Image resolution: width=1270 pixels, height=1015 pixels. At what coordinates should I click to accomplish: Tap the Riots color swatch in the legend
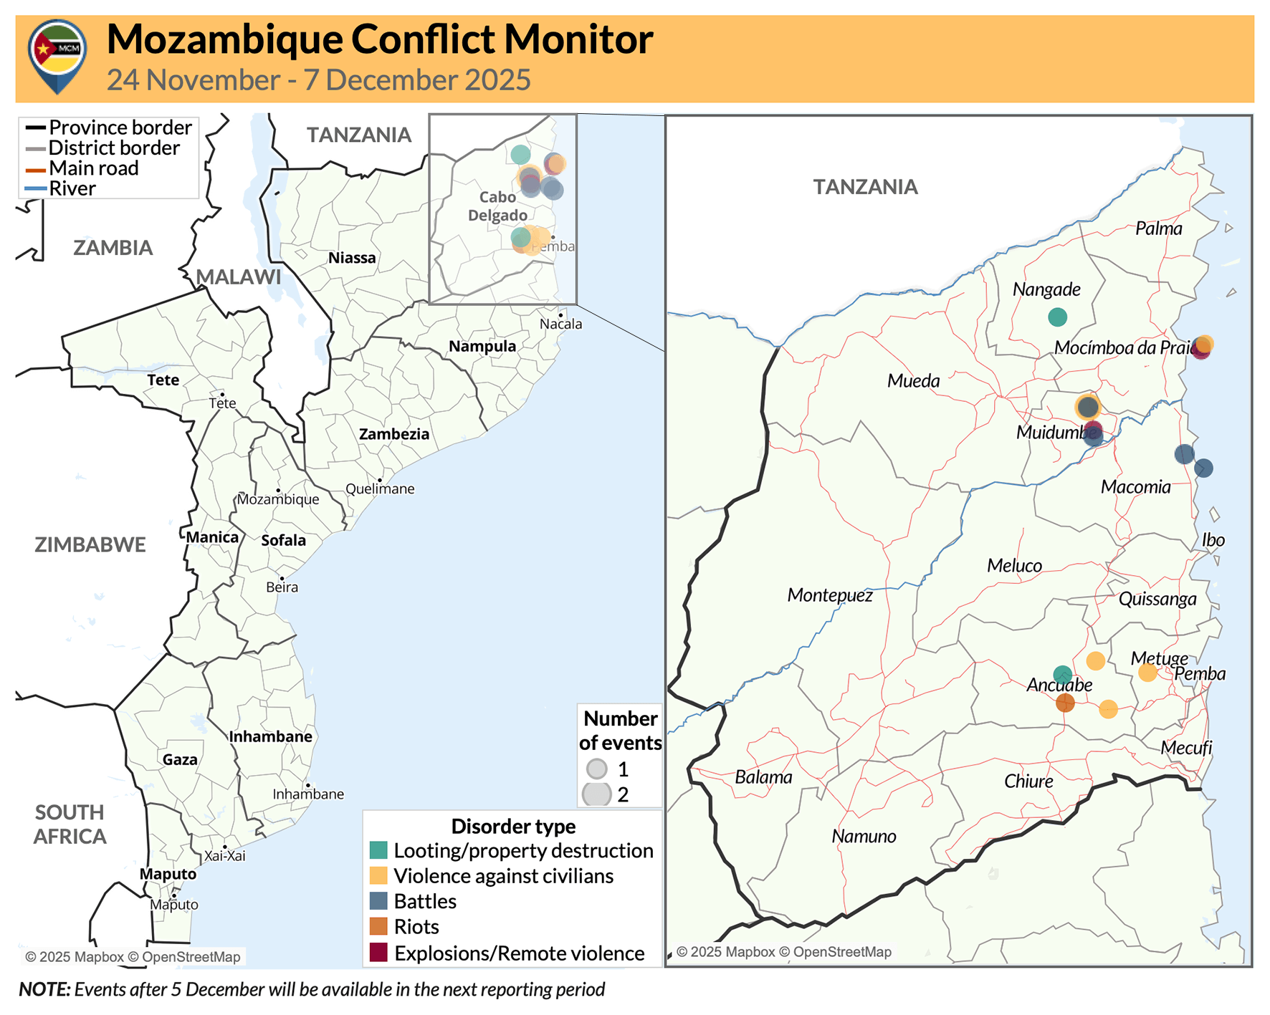click(378, 926)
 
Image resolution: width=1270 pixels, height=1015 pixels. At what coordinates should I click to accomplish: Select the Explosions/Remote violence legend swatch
click(378, 953)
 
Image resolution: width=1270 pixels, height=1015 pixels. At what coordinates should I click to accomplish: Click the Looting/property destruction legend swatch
click(378, 850)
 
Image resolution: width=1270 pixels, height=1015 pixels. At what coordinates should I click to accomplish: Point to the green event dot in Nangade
click(1057, 317)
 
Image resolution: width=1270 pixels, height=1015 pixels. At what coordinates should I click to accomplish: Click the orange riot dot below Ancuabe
click(1065, 703)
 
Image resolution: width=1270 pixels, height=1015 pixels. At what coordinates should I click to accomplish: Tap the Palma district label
click(1158, 229)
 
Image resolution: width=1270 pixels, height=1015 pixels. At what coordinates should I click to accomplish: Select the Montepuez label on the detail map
click(830, 595)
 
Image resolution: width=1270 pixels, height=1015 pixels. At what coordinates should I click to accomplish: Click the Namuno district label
click(864, 836)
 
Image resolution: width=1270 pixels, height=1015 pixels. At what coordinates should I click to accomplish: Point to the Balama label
click(763, 777)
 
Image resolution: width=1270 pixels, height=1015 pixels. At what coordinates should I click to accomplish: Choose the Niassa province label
click(352, 258)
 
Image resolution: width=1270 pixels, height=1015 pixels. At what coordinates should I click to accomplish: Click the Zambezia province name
click(394, 434)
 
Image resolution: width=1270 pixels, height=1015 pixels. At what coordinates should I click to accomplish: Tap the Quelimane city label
click(380, 489)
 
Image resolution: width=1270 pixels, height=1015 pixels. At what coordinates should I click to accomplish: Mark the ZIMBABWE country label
click(90, 544)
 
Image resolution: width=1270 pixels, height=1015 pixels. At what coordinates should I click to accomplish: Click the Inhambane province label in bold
click(271, 736)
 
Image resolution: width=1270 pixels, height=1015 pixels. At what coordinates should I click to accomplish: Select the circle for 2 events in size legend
click(596, 794)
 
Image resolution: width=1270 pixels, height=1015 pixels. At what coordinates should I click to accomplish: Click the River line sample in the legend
click(36, 189)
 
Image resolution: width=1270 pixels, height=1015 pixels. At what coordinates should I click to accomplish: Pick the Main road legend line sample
click(36, 170)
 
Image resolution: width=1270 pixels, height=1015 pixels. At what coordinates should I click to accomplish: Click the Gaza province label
click(180, 760)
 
